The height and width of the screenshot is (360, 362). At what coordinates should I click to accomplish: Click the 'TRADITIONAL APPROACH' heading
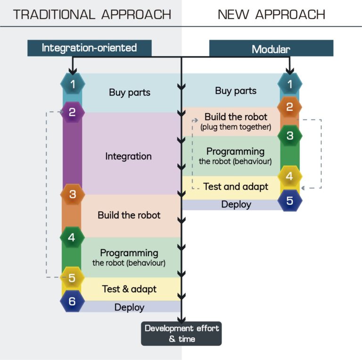pyautogui.click(x=92, y=14)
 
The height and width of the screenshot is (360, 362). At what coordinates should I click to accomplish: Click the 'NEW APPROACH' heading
pyautogui.click(x=271, y=14)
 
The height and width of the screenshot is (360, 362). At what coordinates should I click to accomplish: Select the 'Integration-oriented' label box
pyautogui.click(x=89, y=48)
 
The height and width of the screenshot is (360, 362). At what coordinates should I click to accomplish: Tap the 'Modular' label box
pyautogui.click(x=271, y=49)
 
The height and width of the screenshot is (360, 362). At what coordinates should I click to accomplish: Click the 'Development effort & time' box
pyautogui.click(x=181, y=333)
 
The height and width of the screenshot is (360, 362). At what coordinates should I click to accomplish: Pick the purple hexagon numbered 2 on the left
pyautogui.click(x=72, y=112)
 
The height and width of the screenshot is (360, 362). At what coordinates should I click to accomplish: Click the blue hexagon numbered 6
pyautogui.click(x=72, y=301)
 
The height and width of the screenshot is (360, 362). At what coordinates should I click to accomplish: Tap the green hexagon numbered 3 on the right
pyautogui.click(x=289, y=135)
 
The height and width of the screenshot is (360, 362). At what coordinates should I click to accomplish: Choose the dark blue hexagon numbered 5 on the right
pyautogui.click(x=289, y=200)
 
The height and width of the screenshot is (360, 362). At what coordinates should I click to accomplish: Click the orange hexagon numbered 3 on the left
pyautogui.click(x=72, y=194)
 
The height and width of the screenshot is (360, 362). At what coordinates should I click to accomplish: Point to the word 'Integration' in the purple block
pyautogui.click(x=128, y=156)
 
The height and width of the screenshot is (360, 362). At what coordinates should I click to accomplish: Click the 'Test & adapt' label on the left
pyautogui.click(x=129, y=288)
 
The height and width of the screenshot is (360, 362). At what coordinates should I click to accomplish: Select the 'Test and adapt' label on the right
pyautogui.click(x=236, y=186)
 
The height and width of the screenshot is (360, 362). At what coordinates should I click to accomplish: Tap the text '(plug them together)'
pyautogui.click(x=236, y=127)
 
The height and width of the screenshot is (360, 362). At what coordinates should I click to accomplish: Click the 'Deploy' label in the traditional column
pyautogui.click(x=129, y=307)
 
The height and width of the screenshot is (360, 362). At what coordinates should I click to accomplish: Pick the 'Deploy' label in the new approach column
pyautogui.click(x=236, y=204)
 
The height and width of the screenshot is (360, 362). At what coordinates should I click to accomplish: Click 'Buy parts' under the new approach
pyautogui.click(x=236, y=91)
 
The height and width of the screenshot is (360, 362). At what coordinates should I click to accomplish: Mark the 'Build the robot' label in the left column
pyautogui.click(x=129, y=215)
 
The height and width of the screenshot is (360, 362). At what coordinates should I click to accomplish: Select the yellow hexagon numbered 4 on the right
pyautogui.click(x=289, y=176)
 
